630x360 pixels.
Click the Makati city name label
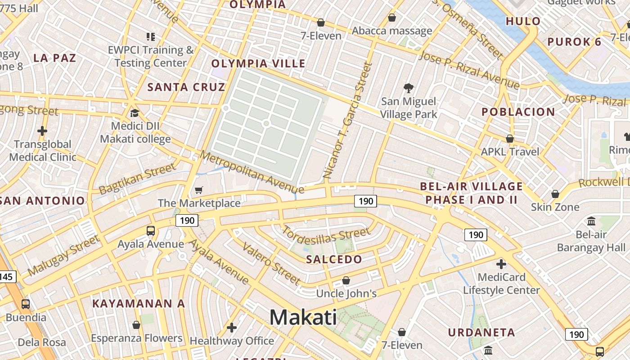303,317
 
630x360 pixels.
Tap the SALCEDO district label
334,259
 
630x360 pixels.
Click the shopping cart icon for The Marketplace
198,190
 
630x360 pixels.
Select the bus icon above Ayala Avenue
151,231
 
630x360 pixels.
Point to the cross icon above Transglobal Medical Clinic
42,131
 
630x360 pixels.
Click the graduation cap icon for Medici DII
135,113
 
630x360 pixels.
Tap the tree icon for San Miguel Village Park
409,88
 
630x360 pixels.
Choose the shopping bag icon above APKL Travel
510,139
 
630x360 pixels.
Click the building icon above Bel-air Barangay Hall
591,221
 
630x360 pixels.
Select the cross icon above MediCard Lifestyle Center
501,264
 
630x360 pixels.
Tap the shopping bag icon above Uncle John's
346,280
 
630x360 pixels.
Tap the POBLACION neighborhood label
518,112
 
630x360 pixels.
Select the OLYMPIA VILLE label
258,63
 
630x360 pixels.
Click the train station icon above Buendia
26,304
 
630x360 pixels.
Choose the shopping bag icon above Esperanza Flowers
136,325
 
